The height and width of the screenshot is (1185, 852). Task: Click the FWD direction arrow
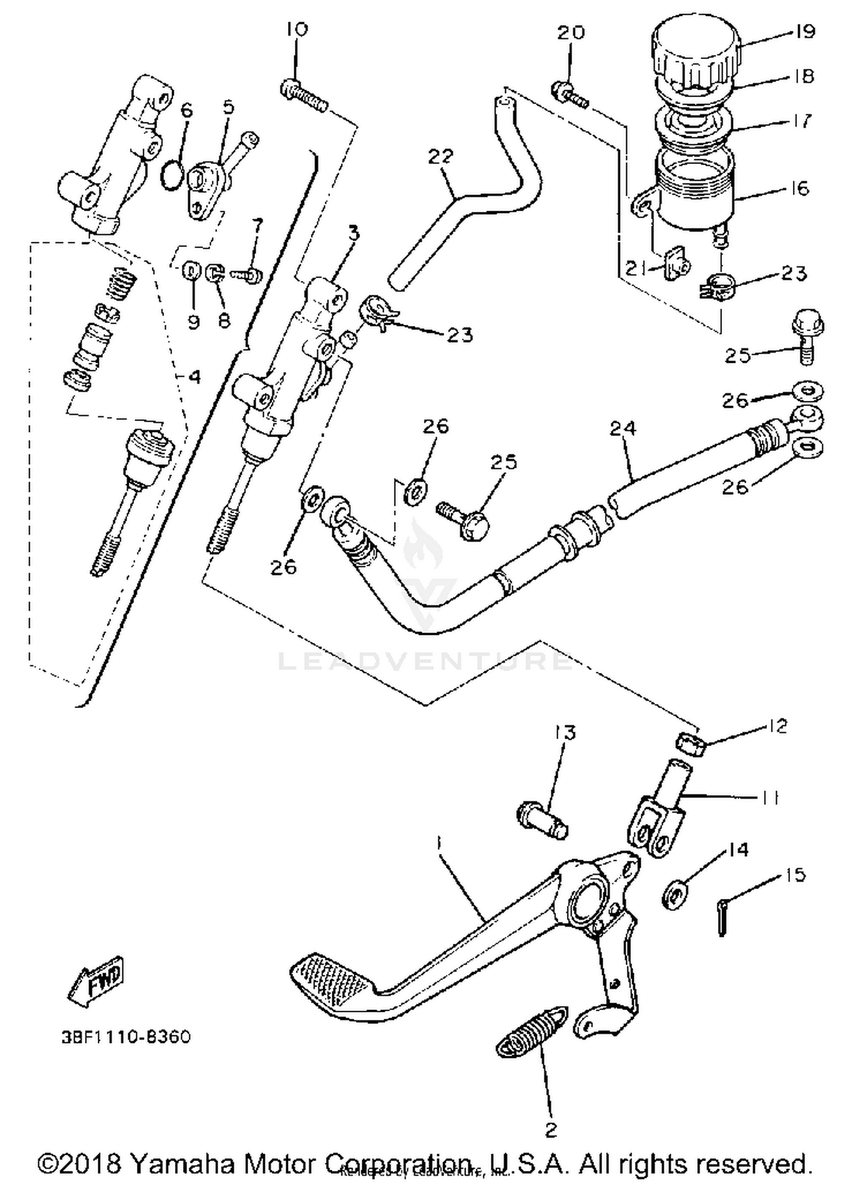click(x=97, y=981)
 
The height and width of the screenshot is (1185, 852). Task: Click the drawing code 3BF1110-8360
click(x=126, y=1037)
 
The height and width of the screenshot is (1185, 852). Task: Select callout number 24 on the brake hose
click(x=623, y=428)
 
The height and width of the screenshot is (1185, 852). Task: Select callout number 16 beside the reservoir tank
click(x=799, y=188)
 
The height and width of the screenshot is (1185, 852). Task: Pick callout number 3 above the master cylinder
click(x=354, y=233)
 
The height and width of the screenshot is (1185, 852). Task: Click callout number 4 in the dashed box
click(x=194, y=376)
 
